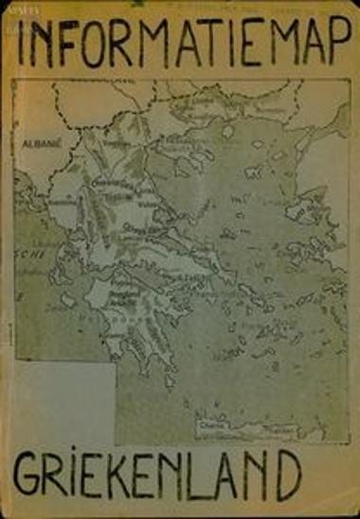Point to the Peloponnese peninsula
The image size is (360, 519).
point(133,327)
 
